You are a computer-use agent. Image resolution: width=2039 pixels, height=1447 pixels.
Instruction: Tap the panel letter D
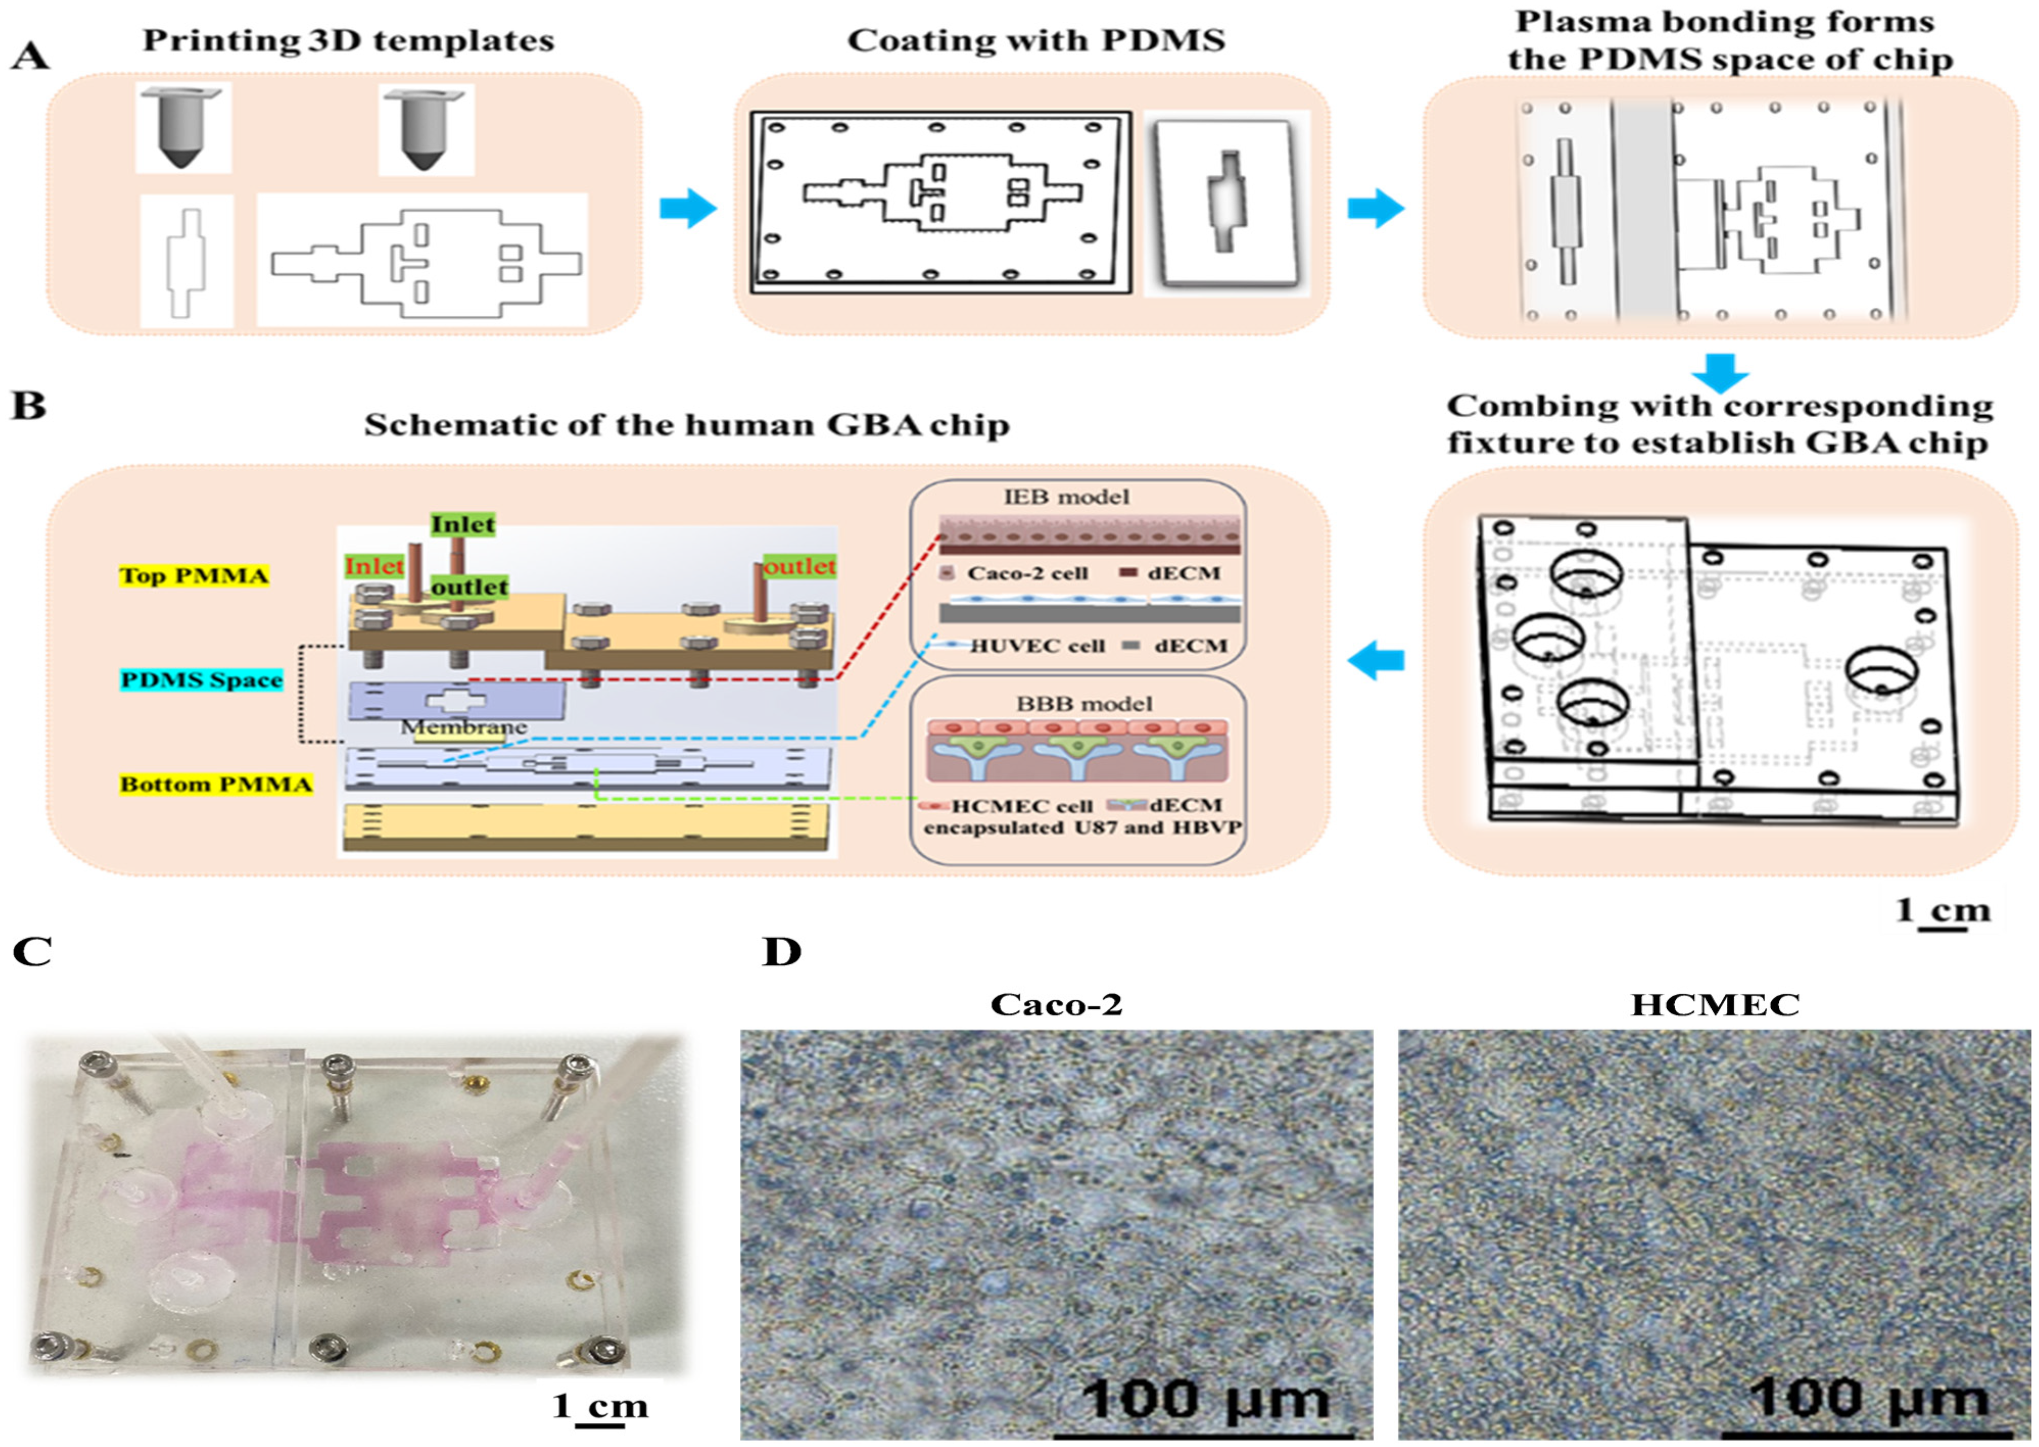pos(782,951)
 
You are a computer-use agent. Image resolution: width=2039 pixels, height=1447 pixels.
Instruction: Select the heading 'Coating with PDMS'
pos(1036,40)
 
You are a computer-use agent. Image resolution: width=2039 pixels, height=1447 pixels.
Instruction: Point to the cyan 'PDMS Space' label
pos(201,681)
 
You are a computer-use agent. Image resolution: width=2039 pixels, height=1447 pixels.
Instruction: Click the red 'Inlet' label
pos(375,566)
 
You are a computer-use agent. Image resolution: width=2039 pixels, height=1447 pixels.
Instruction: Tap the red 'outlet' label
pos(800,566)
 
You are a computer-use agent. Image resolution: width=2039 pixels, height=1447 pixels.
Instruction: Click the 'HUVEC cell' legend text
pos(1037,646)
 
